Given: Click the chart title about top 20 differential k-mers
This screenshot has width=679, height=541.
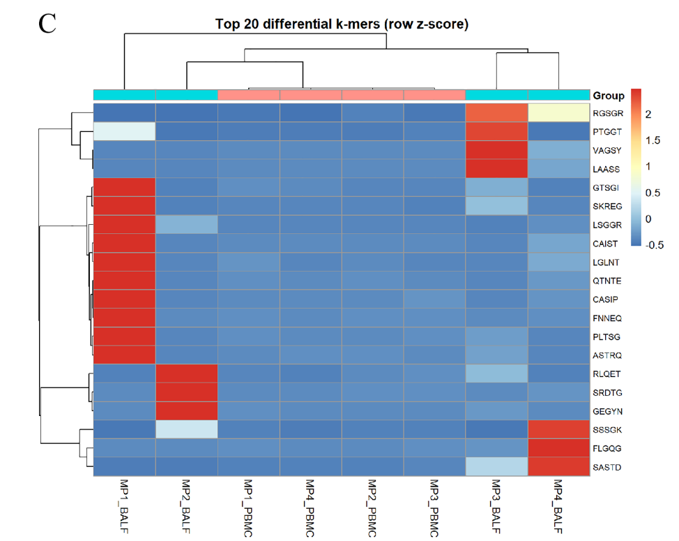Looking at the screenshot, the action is tap(342, 24).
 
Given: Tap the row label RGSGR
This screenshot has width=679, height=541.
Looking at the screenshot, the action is tap(608, 113).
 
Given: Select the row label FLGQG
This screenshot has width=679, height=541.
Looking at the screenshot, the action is tap(607, 448).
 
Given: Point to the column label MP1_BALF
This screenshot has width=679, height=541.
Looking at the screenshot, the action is tap(124, 506).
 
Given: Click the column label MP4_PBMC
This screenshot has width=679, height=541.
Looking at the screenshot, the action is tap(310, 508).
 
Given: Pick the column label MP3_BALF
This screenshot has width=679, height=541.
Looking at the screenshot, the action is tap(496, 506).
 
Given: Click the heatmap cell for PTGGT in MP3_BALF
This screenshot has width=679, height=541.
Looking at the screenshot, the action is tap(496, 131).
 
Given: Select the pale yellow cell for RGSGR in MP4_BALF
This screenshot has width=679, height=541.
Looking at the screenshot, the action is tap(558, 112).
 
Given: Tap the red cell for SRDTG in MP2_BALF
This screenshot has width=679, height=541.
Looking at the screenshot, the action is tap(187, 392).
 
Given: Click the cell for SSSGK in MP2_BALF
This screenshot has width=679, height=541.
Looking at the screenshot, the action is tap(187, 429).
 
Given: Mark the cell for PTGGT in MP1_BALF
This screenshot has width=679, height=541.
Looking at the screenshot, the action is tap(125, 131).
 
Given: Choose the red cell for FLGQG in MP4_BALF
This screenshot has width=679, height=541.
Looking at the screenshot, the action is tap(558, 448).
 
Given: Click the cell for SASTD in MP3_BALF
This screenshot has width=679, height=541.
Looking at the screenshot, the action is tap(496, 467).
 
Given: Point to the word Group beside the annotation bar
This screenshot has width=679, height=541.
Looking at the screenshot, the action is tap(609, 96).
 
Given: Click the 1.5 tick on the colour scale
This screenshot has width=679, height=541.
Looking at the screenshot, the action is tap(653, 140).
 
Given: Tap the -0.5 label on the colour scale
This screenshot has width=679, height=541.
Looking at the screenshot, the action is tap(655, 245).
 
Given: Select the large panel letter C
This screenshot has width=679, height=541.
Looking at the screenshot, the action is tap(47, 23).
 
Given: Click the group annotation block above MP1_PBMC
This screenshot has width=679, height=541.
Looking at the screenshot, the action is tap(249, 95).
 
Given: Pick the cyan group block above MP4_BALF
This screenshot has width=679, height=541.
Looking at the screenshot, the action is tap(558, 95).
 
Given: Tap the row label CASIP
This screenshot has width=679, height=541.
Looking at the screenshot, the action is tap(605, 299).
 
